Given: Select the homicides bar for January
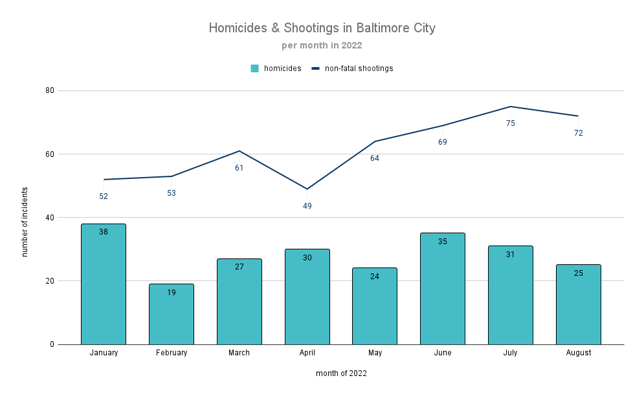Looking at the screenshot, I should point(104,284).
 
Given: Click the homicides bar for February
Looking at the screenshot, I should point(172,314).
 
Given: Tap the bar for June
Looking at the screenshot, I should point(443,288).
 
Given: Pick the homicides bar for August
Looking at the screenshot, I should point(578,304).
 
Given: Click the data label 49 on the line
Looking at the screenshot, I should point(307,206).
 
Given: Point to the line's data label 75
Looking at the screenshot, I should point(511,123).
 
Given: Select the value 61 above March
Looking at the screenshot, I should point(239,168).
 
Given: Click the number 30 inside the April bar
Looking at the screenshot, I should point(307,258).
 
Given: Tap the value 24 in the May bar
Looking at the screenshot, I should point(375,277).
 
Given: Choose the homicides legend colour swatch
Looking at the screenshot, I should point(255,68).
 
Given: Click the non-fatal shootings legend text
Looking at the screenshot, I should point(359,68).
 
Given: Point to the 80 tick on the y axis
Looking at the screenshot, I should point(49,90).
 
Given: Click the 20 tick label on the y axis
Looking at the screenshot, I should point(49,281).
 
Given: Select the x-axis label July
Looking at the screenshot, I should point(511,353).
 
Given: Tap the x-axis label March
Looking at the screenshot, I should point(239,353).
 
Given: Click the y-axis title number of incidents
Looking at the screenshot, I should point(25,222).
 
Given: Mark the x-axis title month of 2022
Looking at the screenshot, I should point(341,373).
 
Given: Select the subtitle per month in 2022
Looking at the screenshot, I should point(322,46).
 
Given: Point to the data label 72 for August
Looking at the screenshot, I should point(578,133).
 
